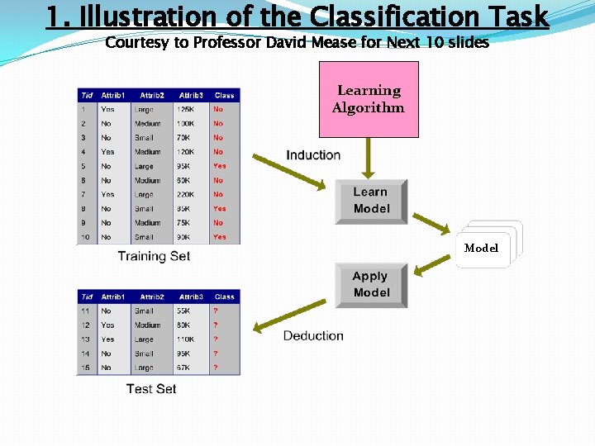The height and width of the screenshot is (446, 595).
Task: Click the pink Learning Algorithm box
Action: (369, 99)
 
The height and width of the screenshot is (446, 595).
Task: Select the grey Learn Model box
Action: (371, 201)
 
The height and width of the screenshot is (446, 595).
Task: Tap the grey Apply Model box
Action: (371, 285)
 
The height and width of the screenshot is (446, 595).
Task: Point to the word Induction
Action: (313, 155)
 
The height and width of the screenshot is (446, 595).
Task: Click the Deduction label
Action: (313, 335)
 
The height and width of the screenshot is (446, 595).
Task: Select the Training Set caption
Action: (154, 256)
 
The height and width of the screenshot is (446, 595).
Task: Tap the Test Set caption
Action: (151, 388)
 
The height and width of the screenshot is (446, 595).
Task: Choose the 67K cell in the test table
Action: (186, 368)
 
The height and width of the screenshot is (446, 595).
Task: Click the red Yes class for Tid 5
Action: (219, 166)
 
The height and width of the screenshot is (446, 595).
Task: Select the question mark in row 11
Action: (216, 311)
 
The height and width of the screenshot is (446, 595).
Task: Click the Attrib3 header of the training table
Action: (191, 96)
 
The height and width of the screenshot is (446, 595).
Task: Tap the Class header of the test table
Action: (224, 297)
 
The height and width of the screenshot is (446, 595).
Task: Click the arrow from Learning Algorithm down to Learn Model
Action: (369, 158)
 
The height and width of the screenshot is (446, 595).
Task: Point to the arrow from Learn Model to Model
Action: (432, 221)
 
